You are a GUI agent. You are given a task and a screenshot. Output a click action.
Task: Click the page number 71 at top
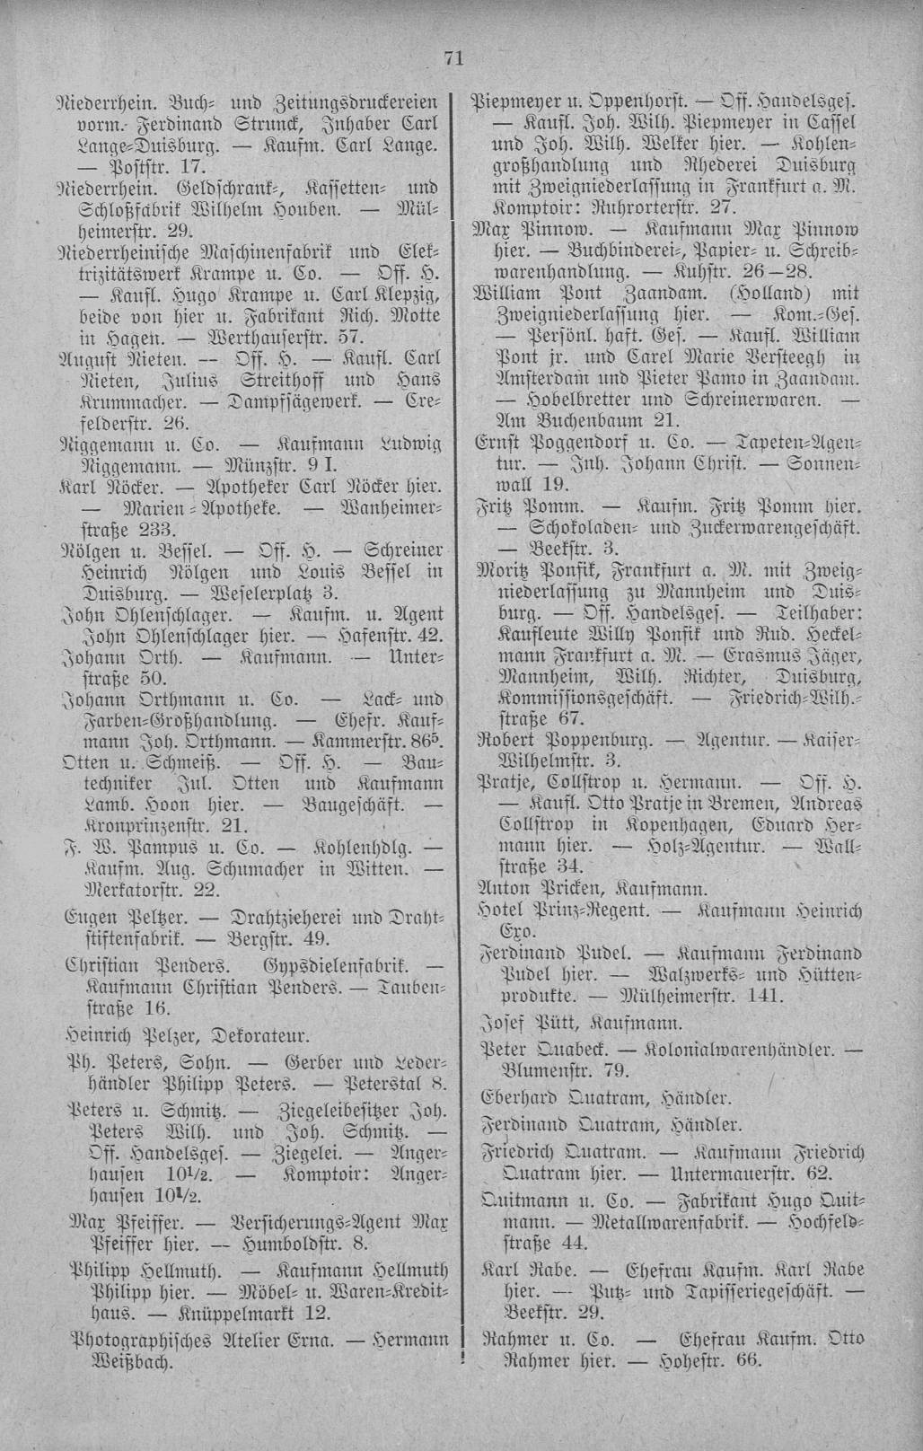(x=453, y=60)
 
